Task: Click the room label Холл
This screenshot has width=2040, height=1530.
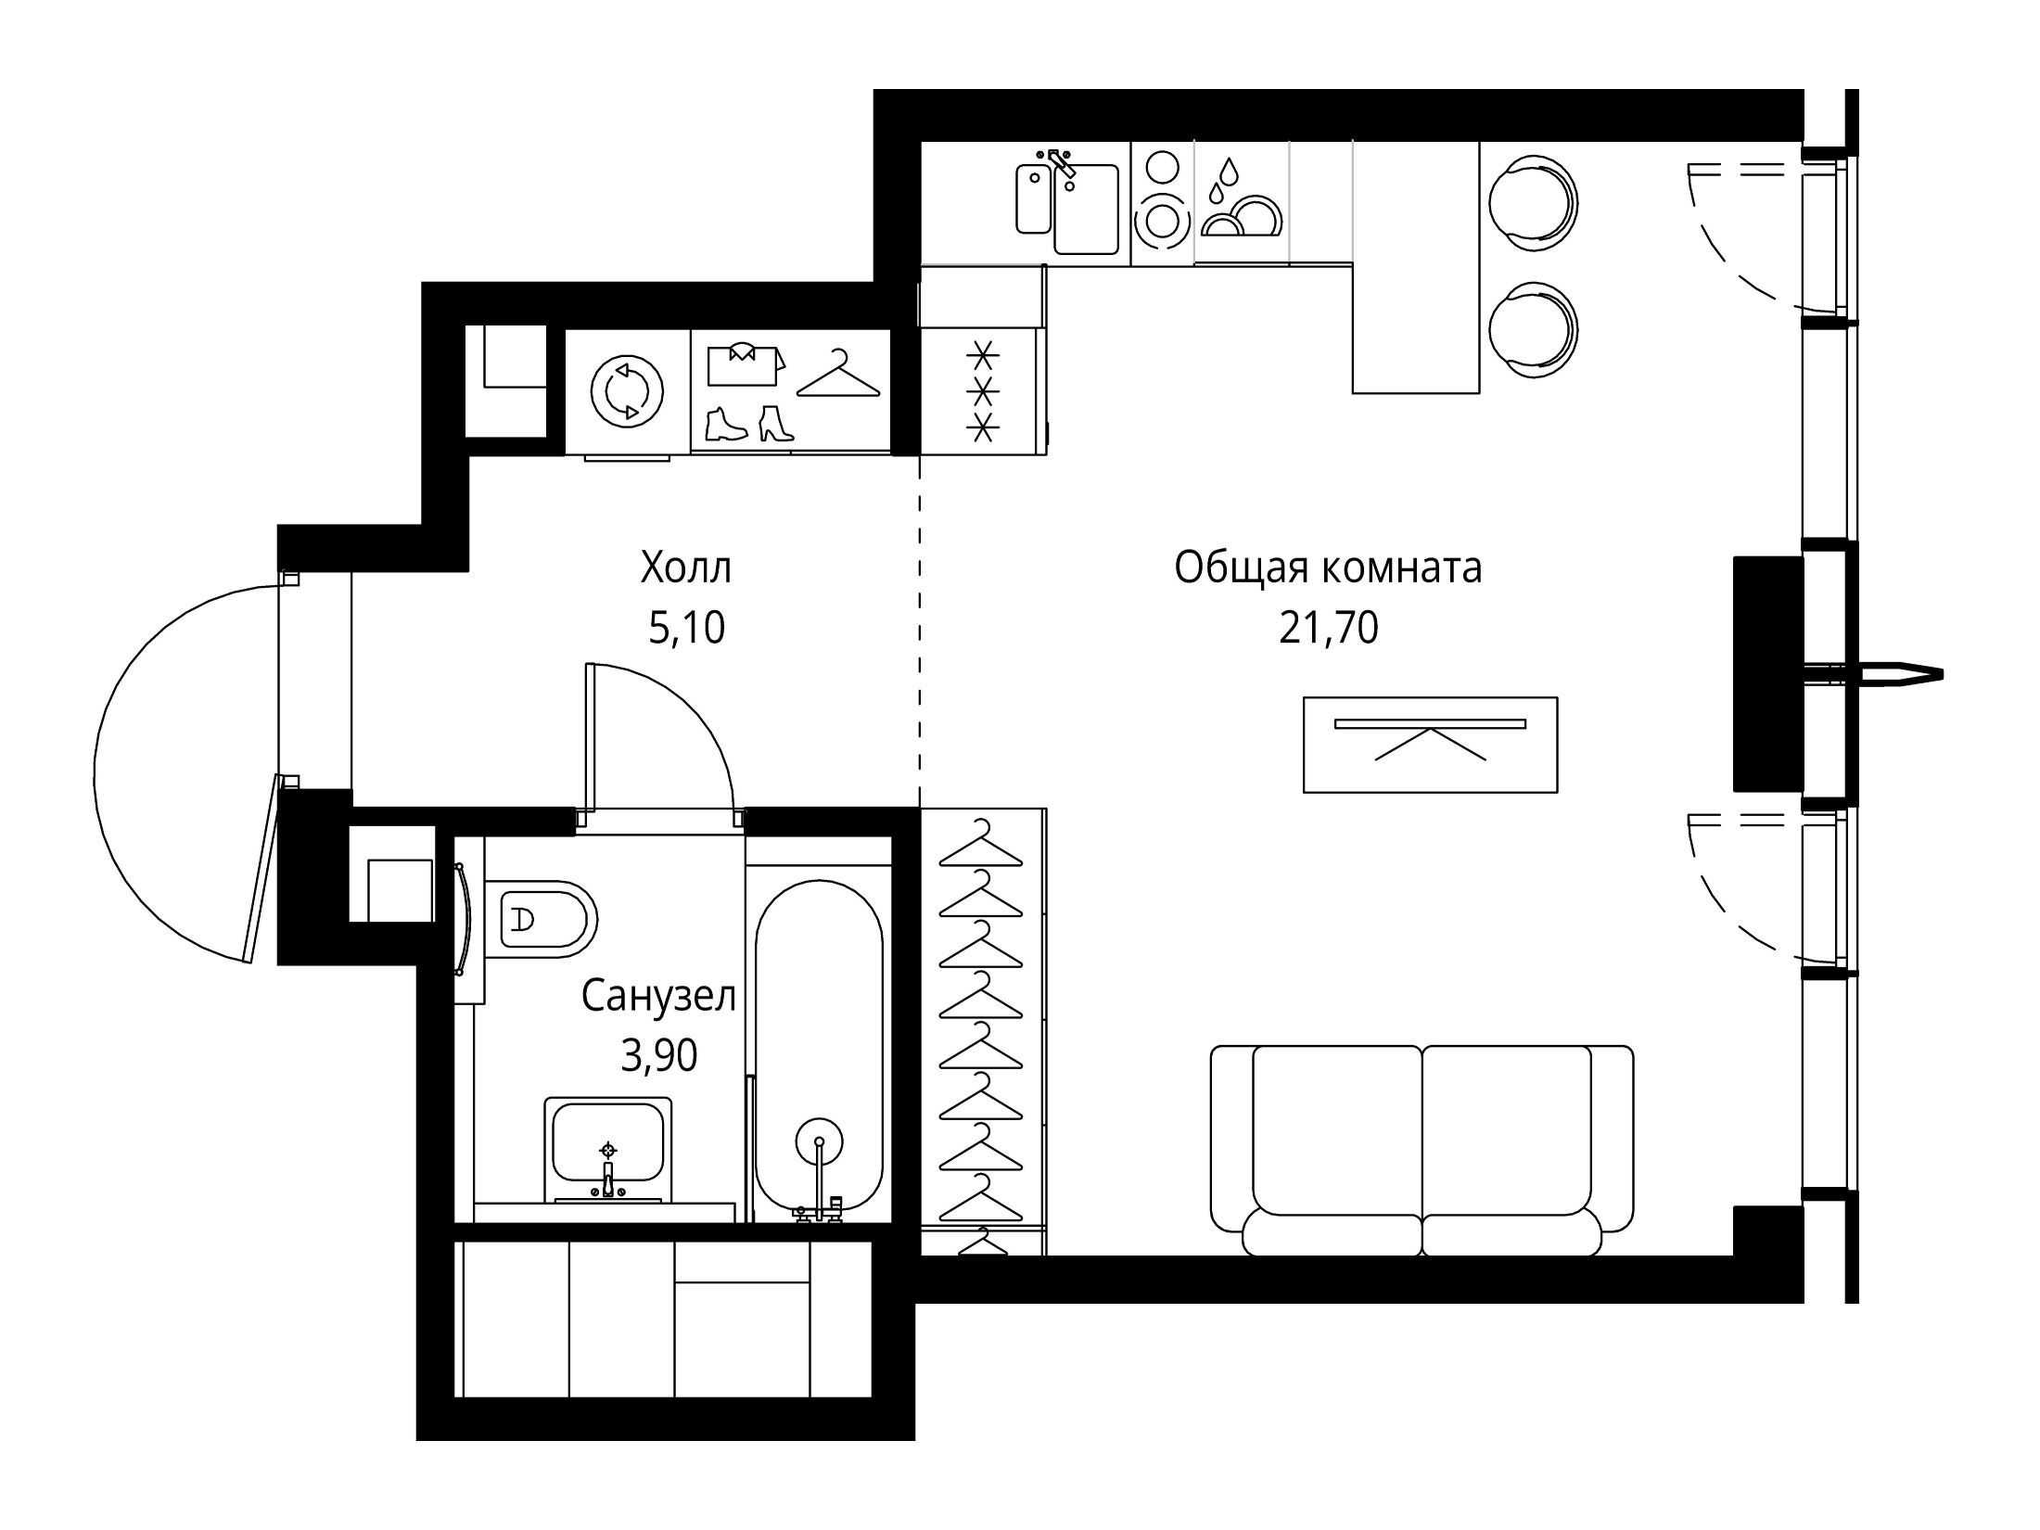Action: point(685,568)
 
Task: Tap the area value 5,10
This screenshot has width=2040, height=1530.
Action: point(686,629)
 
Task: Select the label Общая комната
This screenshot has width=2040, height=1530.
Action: point(1328,568)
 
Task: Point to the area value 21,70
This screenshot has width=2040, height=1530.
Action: point(1329,629)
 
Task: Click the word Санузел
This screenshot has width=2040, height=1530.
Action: point(659,997)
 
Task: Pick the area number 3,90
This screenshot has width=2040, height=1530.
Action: point(659,1056)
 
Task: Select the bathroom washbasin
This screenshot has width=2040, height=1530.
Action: point(608,1150)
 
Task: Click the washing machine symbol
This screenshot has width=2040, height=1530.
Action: point(628,392)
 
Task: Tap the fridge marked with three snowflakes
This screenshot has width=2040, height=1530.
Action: point(983,389)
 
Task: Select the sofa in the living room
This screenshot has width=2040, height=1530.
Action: point(1422,1150)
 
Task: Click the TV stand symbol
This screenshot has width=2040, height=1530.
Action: point(1430,745)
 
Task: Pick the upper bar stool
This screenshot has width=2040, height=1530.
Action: point(1532,202)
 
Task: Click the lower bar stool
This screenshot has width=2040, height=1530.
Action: point(1532,330)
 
